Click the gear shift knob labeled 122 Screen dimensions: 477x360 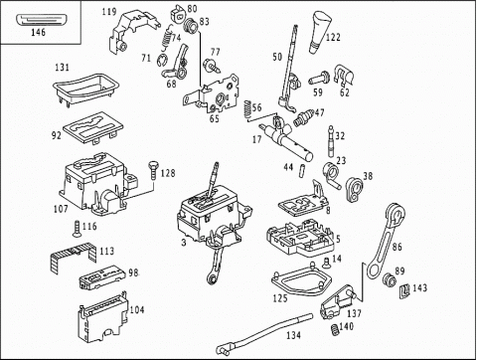320,33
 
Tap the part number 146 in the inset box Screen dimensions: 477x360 39,32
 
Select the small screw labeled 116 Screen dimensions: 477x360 77,230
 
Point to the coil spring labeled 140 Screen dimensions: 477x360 335,330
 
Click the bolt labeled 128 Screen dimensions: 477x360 153,170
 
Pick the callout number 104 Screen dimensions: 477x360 137,310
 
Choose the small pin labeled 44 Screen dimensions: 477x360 302,170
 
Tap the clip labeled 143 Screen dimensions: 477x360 404,290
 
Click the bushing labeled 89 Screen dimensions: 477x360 389,279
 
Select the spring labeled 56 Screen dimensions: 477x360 246,108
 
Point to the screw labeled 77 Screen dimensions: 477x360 212,65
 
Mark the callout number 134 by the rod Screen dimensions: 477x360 293,335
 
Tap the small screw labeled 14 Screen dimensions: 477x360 327,263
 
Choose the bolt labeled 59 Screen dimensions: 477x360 319,79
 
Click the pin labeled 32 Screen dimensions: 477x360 330,141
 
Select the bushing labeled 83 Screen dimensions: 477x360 191,26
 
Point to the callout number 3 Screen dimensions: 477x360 184,243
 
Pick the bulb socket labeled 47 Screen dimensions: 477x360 302,117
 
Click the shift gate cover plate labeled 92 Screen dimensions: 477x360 92,127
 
